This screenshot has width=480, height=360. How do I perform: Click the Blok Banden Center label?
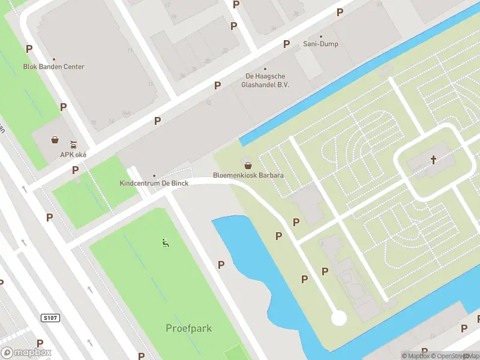click(53, 67)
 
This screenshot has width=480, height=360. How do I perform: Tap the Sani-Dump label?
click(320, 44)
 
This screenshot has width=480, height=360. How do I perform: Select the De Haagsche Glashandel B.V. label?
click(265, 80)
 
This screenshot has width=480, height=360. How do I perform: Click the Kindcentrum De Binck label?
click(154, 183)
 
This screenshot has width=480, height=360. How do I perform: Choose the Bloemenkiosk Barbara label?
click(248, 176)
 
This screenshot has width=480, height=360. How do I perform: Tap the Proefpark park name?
click(188, 328)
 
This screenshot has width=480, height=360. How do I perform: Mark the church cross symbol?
click(433, 160)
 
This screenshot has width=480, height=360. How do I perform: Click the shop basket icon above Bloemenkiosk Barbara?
click(247, 165)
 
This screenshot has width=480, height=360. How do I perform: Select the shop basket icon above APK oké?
click(55, 140)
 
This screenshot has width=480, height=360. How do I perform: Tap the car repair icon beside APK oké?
click(73, 144)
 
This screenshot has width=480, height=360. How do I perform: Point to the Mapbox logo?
click(26, 353)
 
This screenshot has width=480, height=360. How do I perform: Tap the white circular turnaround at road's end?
click(339, 317)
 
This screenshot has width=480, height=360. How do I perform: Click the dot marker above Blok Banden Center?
click(53, 59)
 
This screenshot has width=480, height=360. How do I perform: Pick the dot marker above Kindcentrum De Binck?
click(154, 175)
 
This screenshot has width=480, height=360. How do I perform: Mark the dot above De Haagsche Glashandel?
click(265, 68)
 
